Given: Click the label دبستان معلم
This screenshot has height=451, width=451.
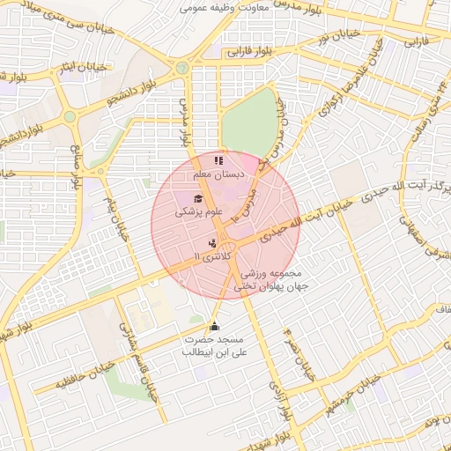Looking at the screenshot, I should pos(218,174).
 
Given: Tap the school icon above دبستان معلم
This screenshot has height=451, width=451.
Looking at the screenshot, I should pos(218,160).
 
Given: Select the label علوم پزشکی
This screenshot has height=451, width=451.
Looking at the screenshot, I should pos(199,212).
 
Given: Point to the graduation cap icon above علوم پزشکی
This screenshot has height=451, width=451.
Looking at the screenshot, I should pos(199,199).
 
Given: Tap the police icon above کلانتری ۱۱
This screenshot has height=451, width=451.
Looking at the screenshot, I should pos(211,242).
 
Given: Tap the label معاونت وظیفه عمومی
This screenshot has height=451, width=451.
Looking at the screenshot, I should pos(219,7).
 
